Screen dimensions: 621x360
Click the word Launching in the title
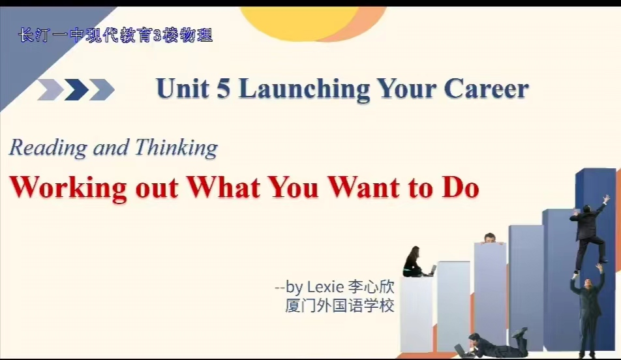[x=304, y=89]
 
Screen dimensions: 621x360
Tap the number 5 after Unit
[x=223, y=88]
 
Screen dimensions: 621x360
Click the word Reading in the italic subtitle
[x=48, y=148]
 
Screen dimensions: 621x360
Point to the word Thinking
[x=176, y=148]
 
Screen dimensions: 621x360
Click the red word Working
[x=68, y=188]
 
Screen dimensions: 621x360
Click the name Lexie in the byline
[x=326, y=286]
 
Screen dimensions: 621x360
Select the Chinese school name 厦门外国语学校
[x=340, y=305]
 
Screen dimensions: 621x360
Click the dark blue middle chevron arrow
[x=76, y=89]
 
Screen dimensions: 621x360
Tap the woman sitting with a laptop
[x=416, y=262]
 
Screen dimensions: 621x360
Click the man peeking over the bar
[x=491, y=237]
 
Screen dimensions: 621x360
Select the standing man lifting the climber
[x=587, y=312]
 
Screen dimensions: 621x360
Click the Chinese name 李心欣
[x=371, y=286]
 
